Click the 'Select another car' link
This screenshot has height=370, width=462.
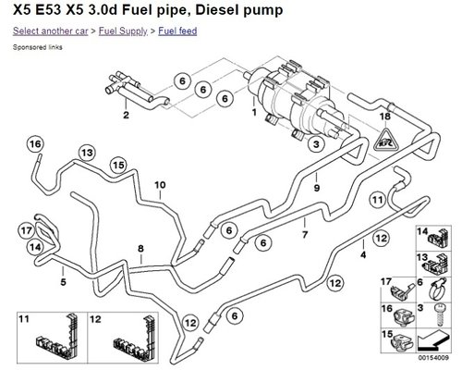(51, 31)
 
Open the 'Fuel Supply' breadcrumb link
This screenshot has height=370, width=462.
(123, 31)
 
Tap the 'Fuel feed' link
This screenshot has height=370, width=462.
(177, 31)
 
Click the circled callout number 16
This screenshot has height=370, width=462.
(35, 144)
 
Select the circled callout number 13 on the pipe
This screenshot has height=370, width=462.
(87, 153)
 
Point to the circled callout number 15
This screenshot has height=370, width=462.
(118, 166)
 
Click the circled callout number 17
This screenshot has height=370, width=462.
(27, 230)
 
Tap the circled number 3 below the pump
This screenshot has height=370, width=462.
(316, 143)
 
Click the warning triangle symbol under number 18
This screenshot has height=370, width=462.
(385, 141)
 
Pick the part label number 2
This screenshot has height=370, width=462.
(126, 115)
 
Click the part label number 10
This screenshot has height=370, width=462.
(160, 185)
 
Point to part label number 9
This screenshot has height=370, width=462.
(317, 188)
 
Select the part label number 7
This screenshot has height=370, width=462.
(305, 235)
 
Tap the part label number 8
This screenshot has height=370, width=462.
(140, 249)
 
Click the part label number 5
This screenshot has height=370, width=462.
(63, 282)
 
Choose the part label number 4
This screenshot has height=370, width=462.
(363, 255)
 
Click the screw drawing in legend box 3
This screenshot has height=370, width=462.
(439, 314)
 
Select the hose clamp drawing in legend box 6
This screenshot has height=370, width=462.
(437, 289)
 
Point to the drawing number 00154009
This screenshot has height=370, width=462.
(433, 358)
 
